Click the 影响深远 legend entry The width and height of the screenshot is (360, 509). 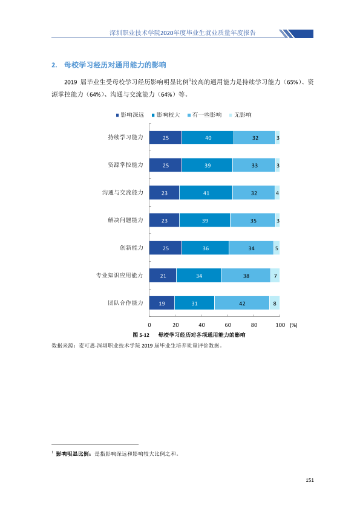coord(130,115)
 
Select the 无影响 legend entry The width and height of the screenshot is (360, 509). coord(240,115)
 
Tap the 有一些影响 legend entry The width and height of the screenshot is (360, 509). coord(205,115)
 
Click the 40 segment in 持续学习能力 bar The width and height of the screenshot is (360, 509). coord(208,138)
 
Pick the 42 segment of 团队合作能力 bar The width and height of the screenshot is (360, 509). coord(242,303)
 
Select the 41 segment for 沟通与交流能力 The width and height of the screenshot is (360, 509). coord(206,193)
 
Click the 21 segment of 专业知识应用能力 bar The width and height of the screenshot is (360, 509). coord(163,276)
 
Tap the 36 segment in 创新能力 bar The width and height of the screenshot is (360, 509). coord(205,248)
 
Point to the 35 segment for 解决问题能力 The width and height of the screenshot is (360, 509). coord(253,221)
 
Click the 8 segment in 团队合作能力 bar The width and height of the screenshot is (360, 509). coord(275,303)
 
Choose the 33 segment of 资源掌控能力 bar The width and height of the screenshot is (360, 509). coord(254,165)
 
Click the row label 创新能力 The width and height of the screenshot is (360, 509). coord(131,248)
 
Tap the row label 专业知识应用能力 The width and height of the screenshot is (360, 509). coord(120,275)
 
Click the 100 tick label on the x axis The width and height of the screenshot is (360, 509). coord(280,325)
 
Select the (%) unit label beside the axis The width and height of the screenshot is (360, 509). coord(293,325)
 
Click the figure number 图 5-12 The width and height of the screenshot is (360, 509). coord(141,335)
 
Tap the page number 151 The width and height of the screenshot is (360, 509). coord(310,480)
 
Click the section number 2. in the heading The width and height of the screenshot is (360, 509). coord(54,65)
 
